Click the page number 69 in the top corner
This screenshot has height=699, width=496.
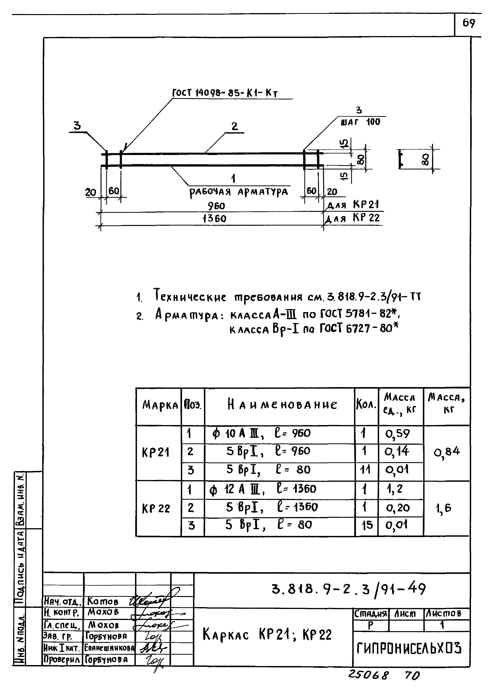point(468,23)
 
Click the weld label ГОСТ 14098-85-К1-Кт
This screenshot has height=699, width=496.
point(225,93)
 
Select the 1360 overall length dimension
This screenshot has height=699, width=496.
point(214,219)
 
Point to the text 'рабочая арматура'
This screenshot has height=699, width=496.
point(238,192)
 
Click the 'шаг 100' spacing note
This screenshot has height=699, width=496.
point(360,122)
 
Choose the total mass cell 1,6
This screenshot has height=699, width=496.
point(443,508)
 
